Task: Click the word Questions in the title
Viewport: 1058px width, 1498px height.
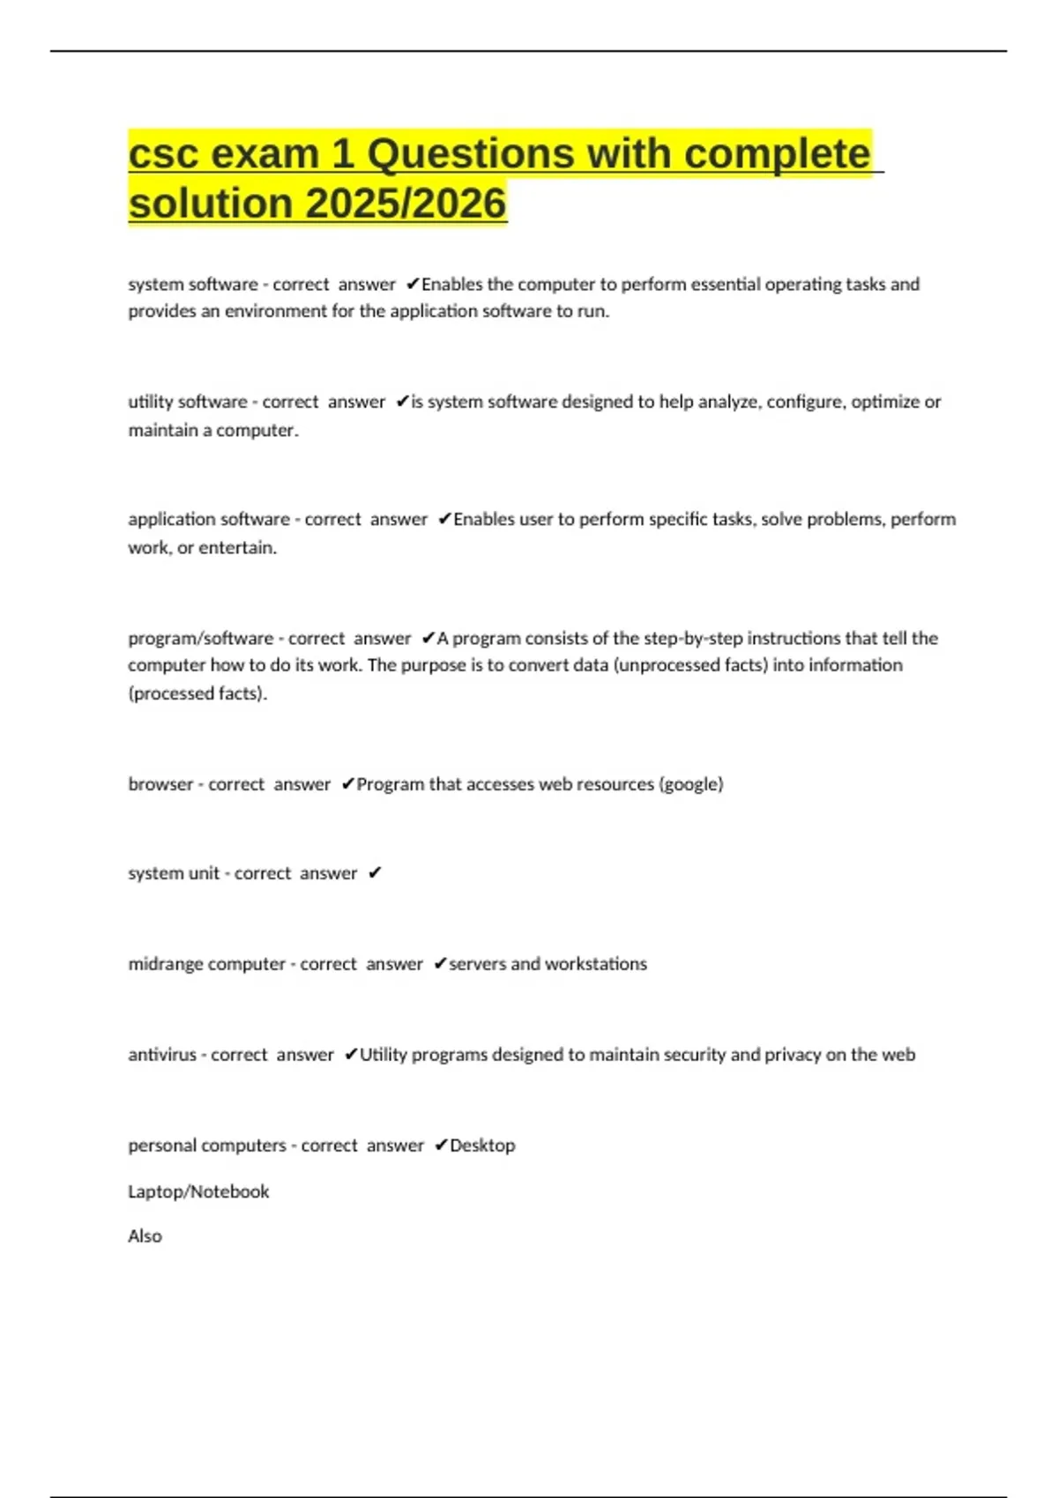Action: (470, 154)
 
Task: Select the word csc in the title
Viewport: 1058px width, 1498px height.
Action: (163, 154)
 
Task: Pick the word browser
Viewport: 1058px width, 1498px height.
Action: (160, 784)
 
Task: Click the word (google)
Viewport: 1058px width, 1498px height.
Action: (691, 784)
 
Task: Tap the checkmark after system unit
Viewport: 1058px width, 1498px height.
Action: (375, 873)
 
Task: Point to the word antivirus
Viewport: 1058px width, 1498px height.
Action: (162, 1055)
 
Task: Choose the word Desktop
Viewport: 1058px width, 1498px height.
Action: (482, 1146)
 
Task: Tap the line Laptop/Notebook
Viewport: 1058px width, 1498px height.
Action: (198, 1191)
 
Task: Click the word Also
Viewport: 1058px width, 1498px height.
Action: (145, 1236)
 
